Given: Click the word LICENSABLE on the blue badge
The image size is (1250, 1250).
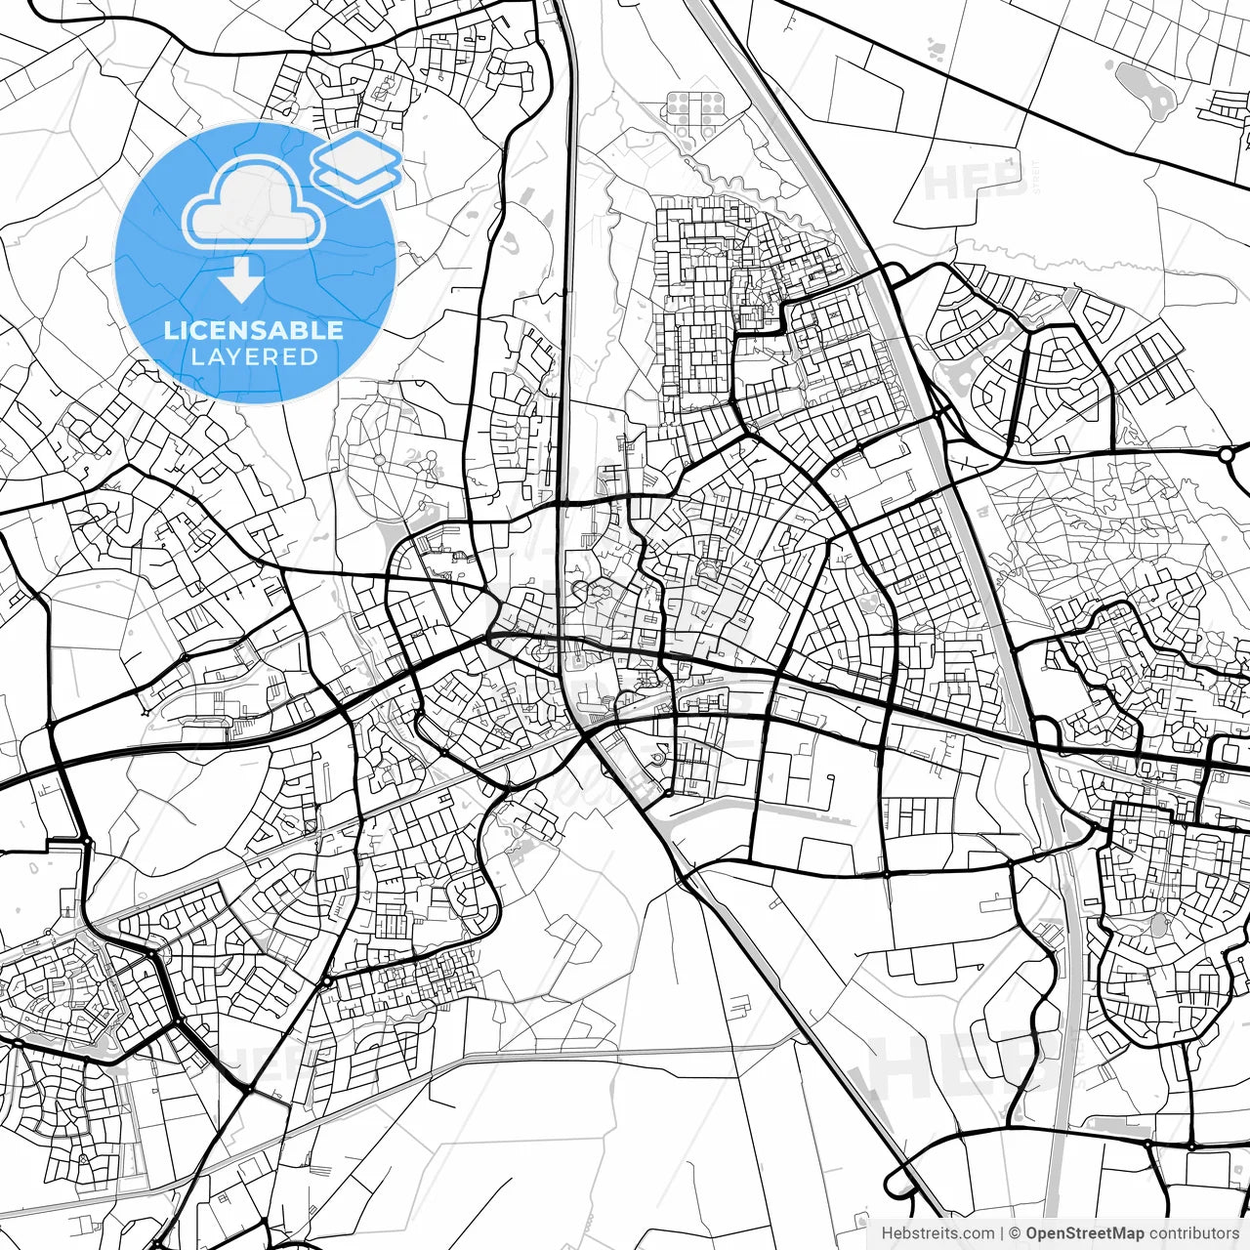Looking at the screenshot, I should pyautogui.click(x=254, y=330).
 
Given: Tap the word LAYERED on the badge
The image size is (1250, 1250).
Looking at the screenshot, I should pyautogui.click(x=254, y=356).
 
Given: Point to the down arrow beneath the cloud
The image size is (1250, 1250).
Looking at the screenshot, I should pyautogui.click(x=240, y=280).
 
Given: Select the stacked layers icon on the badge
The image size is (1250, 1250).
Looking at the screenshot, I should pyautogui.click(x=357, y=166).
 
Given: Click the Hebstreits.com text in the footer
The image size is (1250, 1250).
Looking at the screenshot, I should pyautogui.click(x=937, y=1233).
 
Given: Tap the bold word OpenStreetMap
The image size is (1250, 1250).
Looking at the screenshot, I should pyautogui.click(x=1085, y=1233).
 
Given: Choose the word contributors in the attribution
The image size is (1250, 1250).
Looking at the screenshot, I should pyautogui.click(x=1193, y=1233).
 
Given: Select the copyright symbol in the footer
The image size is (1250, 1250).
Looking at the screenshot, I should pyautogui.click(x=1016, y=1233).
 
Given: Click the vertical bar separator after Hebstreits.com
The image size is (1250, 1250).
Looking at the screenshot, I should pyautogui.click(x=1003, y=1233).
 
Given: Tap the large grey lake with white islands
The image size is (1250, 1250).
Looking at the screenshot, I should pyautogui.click(x=1146, y=88).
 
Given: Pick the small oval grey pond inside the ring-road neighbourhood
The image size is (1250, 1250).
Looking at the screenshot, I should pyautogui.click(x=1159, y=925).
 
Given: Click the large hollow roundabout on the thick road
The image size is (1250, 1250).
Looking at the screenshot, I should pyautogui.click(x=1227, y=454).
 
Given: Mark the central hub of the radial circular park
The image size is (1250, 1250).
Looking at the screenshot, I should pyautogui.click(x=378, y=457).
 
